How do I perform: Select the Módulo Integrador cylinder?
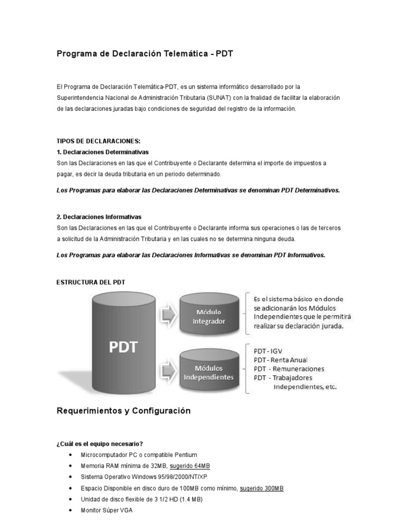point(209,316)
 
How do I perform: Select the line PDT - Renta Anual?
point(283,359)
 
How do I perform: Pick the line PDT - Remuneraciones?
point(289,369)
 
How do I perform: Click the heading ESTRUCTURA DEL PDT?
point(90,282)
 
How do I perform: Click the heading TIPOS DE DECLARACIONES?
point(98,141)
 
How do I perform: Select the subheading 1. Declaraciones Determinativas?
point(102,152)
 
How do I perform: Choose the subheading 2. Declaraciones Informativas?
point(99,217)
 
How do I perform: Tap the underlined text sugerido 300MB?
point(261,488)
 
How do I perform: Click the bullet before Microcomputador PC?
point(70,454)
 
